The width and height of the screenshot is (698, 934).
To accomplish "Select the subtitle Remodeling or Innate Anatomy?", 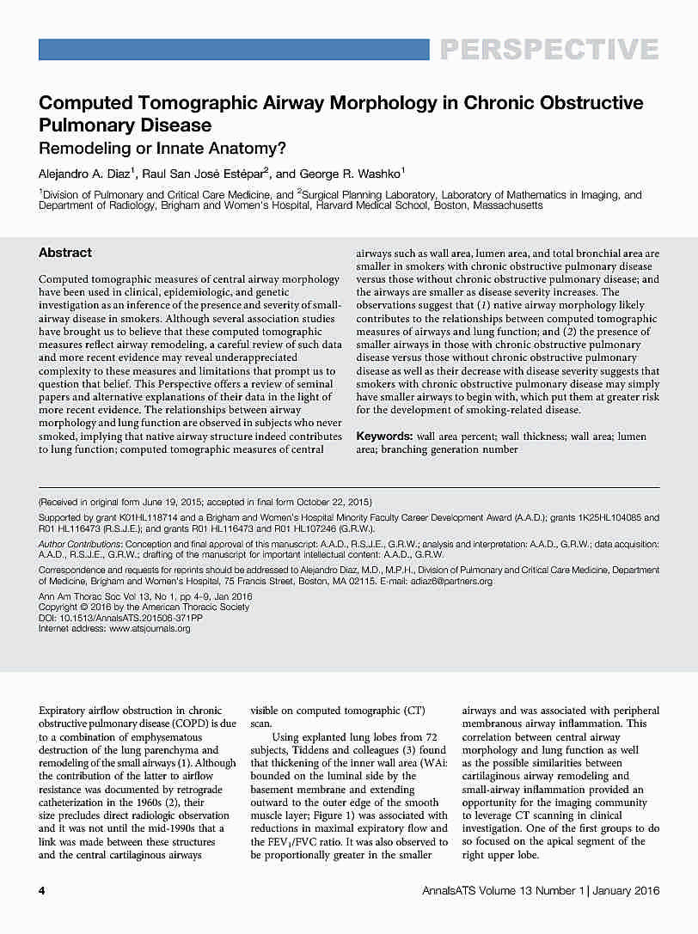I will pos(162,147).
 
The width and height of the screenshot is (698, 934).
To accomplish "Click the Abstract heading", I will pos(65,253).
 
